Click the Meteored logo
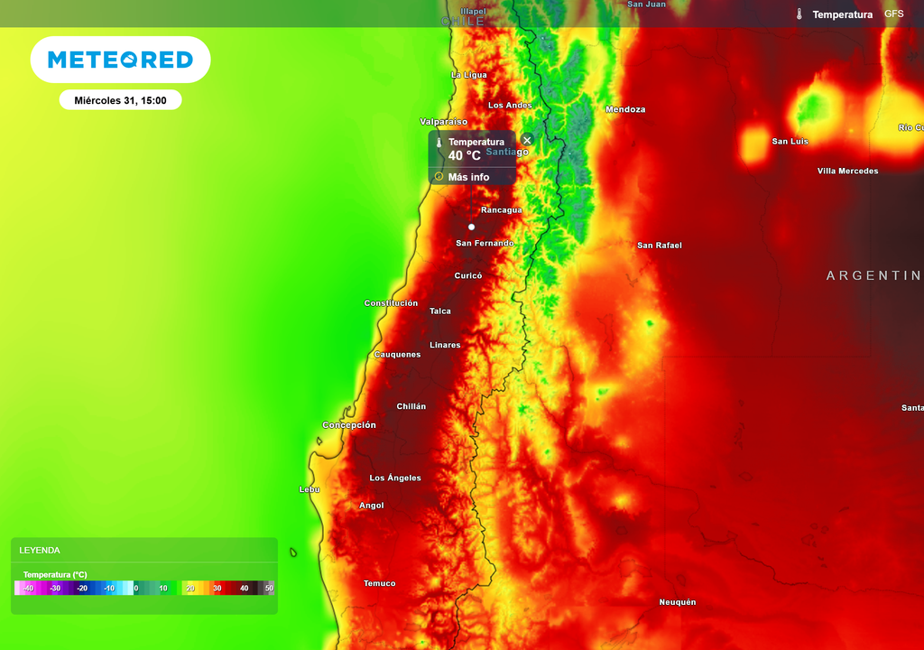[120, 60]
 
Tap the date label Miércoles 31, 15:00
[120, 100]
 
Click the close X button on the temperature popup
[527, 140]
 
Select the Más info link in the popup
[468, 177]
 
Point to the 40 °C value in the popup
[465, 155]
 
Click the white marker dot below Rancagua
[471, 227]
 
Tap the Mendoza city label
[625, 109]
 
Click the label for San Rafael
[660, 246]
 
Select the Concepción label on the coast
[349, 425]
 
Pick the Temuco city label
[379, 583]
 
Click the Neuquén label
[677, 602]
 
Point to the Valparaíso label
[444, 121]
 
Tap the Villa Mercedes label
[847, 171]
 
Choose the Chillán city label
[411, 406]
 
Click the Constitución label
[391, 303]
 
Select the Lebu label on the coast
[310, 489]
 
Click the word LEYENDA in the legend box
[40, 550]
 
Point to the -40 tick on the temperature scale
[29, 588]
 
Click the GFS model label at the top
[893, 14]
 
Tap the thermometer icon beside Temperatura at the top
[799, 14]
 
